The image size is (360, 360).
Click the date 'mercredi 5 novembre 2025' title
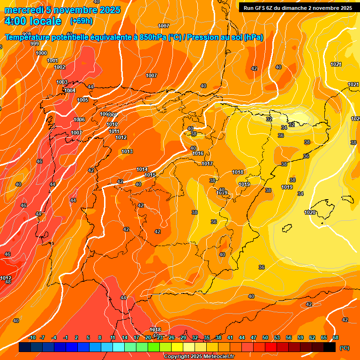(62, 10)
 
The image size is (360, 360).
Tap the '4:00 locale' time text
(33, 21)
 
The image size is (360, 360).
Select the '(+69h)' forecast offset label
(81, 21)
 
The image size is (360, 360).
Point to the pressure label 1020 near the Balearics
(310, 212)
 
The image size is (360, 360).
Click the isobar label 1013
(127, 151)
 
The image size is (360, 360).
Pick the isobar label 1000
(41, 53)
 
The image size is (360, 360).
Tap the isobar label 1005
(82, 100)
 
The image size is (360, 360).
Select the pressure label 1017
(207, 164)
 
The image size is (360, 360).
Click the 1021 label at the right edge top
(336, 64)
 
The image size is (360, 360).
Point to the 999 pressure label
(35, 44)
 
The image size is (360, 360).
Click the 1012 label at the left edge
(6, 278)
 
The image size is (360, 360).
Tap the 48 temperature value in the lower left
(8, 282)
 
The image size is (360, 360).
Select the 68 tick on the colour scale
(335, 337)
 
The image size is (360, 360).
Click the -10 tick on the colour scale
(32, 337)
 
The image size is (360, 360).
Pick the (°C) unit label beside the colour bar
(345, 348)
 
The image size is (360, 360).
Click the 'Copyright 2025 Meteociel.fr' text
(199, 356)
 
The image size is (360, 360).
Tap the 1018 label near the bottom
(155, 330)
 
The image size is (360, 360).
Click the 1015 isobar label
(150, 175)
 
